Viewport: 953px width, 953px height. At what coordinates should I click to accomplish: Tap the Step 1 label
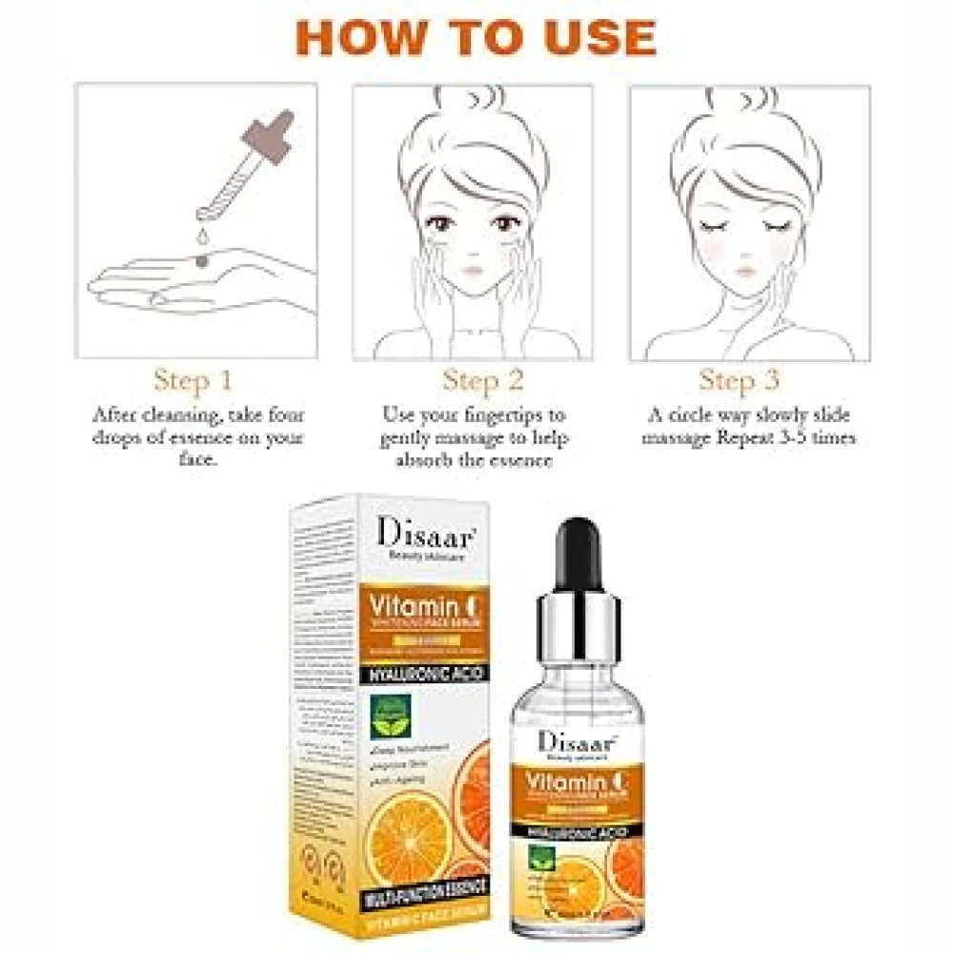click(193, 381)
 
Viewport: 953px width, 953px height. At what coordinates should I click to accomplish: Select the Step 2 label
click(483, 381)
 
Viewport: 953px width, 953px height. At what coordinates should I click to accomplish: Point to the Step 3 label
click(740, 381)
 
